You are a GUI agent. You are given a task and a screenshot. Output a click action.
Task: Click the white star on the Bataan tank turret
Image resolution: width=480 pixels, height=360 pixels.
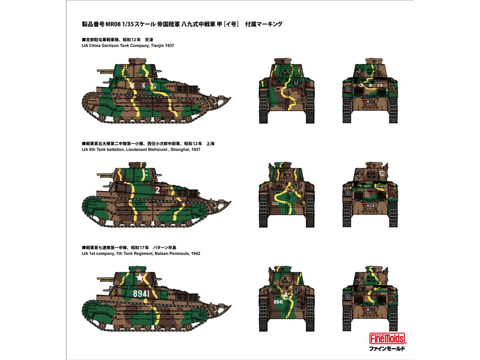(140, 278)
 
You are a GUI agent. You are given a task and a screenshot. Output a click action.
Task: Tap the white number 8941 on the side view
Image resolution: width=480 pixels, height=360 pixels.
(141, 294)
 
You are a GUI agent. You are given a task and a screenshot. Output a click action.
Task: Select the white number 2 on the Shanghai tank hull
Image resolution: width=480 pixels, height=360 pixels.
(158, 190)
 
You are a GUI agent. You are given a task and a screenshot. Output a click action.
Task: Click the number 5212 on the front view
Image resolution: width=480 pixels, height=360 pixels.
(275, 204)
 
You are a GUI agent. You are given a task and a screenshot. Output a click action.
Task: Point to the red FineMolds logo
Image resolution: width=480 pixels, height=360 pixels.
(387, 338)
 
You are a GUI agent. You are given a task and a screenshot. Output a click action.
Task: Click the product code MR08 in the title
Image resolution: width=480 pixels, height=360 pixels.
(113, 24)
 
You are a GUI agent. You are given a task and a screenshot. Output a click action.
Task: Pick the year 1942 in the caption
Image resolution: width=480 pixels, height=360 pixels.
(196, 254)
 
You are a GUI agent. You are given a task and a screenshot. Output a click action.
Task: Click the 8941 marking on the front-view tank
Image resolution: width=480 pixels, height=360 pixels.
(278, 302)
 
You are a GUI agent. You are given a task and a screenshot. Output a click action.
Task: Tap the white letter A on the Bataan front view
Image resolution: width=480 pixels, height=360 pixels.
(286, 295)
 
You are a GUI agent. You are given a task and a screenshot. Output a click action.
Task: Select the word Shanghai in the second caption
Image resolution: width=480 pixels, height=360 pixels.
(178, 150)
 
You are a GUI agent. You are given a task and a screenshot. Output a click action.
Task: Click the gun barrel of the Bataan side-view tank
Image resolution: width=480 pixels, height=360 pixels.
(105, 279)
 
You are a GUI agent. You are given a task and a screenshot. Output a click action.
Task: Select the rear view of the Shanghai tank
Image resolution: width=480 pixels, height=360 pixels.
(370, 194)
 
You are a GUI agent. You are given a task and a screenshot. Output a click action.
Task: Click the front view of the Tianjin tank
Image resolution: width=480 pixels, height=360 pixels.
(287, 91)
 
